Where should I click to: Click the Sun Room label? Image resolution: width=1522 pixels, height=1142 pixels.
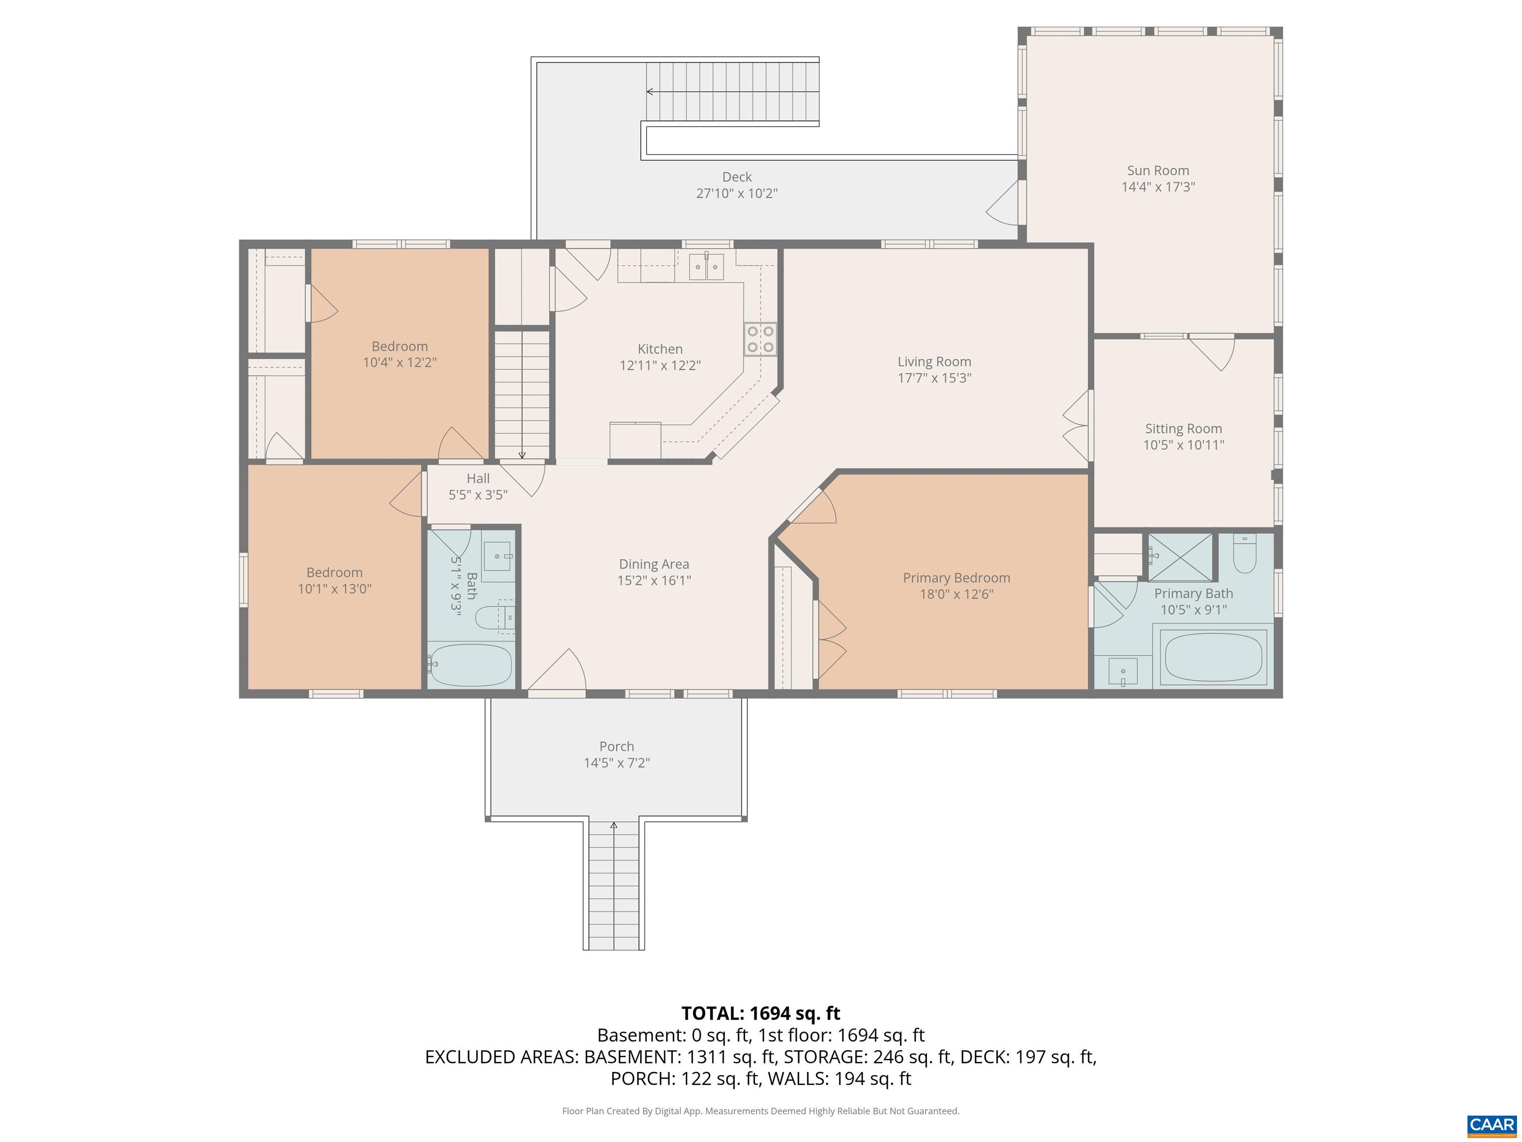coord(1157,171)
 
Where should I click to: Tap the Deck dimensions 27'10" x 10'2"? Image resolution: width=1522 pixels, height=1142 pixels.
coord(736,193)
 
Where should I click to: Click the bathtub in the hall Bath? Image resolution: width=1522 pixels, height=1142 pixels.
coord(471,665)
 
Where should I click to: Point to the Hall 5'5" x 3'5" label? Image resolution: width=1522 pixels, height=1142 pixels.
coord(478,486)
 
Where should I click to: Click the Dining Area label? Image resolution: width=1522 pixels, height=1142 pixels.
coord(653,565)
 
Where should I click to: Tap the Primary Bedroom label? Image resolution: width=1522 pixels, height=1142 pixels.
coord(956,578)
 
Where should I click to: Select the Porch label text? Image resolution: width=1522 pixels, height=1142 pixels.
coord(616,746)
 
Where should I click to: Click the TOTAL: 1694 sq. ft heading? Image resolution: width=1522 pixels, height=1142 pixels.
coord(761,1013)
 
